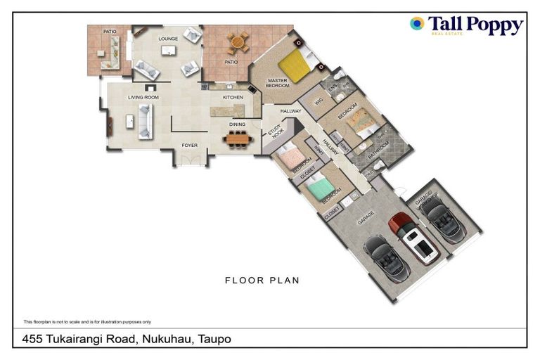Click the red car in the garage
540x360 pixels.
[409, 235]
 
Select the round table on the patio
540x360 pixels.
[236, 44]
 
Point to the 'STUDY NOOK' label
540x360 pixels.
[274, 132]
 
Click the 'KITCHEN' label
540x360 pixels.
[233, 97]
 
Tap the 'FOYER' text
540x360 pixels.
[190, 146]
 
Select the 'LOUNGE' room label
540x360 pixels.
[168, 39]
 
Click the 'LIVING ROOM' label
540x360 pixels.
[141, 97]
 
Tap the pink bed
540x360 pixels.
[290, 157]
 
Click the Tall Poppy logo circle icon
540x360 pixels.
[417, 24]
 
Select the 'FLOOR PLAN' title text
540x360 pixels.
[262, 281]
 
